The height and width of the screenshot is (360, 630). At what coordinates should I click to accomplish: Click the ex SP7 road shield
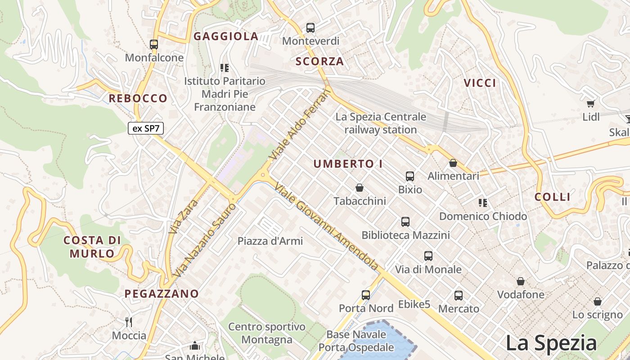(x=146, y=128)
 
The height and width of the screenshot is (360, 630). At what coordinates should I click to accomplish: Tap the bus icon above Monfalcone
(x=154, y=44)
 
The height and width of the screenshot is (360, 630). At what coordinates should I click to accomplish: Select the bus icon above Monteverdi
(x=310, y=27)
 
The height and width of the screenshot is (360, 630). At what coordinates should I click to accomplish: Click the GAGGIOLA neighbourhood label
(x=226, y=36)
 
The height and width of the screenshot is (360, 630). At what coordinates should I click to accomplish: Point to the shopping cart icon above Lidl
(x=591, y=103)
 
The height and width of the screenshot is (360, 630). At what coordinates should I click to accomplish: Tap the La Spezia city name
(x=551, y=343)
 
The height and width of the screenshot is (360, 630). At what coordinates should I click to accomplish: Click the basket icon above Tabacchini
(x=360, y=187)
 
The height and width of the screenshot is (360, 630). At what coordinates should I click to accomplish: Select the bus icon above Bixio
(x=410, y=176)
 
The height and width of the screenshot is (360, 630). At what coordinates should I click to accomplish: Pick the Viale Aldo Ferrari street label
(x=300, y=125)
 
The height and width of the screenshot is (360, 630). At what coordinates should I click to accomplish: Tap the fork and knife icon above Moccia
(x=129, y=322)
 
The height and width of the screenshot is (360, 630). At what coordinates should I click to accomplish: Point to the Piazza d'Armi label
(x=270, y=241)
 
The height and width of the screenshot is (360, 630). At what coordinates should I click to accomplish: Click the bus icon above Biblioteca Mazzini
(x=405, y=221)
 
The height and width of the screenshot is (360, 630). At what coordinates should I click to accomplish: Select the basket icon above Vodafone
(x=521, y=281)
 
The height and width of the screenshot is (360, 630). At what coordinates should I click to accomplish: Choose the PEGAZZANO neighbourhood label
(x=162, y=294)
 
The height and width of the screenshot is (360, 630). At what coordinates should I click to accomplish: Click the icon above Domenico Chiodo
(x=483, y=202)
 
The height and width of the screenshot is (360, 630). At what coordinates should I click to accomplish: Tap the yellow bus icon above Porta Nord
(x=366, y=295)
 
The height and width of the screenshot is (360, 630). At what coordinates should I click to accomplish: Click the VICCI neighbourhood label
(x=480, y=83)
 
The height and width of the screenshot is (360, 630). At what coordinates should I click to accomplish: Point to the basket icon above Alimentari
(x=453, y=162)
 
